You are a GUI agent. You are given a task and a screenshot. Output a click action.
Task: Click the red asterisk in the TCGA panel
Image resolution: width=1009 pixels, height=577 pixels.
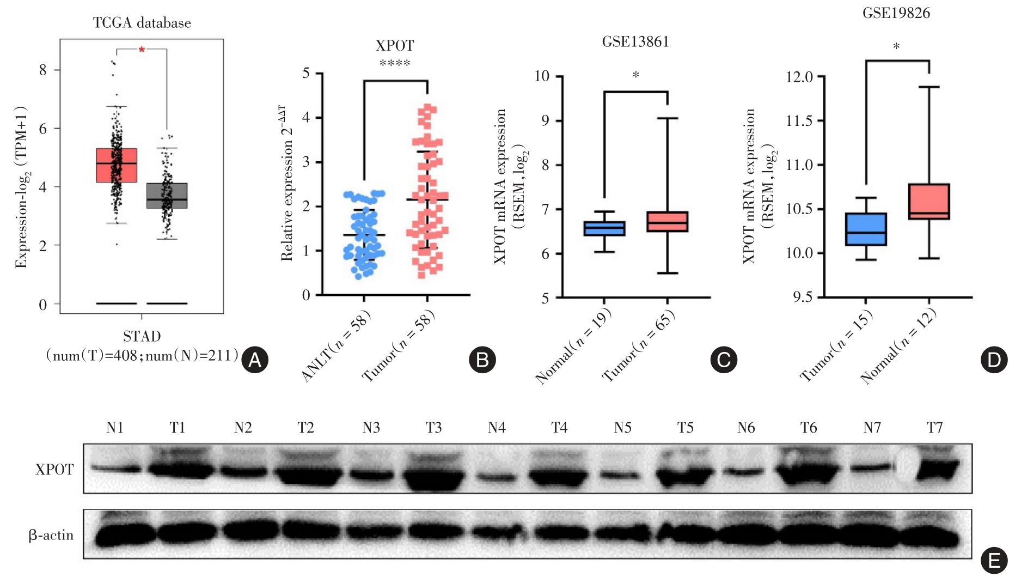[142, 50]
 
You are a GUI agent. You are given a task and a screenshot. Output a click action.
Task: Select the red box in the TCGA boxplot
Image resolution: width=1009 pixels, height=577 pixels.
[117, 165]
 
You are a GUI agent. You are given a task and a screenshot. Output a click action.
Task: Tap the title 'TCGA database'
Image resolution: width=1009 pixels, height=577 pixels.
[142, 23]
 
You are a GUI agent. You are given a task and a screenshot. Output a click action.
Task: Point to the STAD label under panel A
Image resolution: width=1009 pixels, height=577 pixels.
[142, 336]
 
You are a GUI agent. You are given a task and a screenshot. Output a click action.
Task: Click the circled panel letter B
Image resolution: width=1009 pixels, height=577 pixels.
[482, 360]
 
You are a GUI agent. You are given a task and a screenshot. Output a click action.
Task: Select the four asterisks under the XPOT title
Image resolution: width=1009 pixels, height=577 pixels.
[395, 64]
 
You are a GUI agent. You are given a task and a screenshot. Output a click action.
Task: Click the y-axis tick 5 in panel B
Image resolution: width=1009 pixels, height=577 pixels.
[306, 73]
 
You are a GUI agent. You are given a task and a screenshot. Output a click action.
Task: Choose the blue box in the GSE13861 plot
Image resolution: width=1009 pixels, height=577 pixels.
[604, 228]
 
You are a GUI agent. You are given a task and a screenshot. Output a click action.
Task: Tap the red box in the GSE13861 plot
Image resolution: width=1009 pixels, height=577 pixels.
[667, 222]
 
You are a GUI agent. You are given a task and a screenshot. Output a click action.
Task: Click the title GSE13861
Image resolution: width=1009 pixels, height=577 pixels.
[635, 42]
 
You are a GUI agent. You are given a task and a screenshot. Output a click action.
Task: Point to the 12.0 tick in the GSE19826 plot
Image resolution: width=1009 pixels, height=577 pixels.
[799, 77]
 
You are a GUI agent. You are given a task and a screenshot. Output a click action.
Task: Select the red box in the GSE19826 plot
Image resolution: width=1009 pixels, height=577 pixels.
[929, 202]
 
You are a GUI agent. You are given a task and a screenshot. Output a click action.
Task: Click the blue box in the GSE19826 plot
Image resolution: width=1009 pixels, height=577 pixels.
[865, 229]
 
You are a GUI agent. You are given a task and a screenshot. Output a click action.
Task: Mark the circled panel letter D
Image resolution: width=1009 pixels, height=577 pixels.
[994, 360]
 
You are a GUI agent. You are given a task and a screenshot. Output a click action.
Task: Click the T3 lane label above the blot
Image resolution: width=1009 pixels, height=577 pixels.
[433, 428]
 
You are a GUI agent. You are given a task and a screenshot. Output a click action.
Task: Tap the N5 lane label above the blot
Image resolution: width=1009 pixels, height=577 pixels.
[622, 428]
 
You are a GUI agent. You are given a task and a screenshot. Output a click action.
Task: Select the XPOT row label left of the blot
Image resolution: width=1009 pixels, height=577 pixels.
[54, 470]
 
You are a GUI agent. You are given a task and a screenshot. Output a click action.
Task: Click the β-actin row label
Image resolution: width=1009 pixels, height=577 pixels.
[51, 535]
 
